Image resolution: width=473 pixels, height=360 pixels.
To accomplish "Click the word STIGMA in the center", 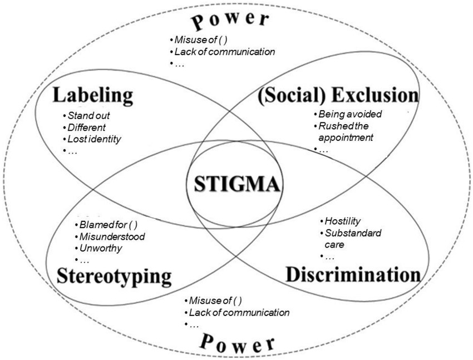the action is pyautogui.click(x=237, y=184).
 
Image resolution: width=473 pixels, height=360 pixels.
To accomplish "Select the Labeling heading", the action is pyautogui.click(x=93, y=96).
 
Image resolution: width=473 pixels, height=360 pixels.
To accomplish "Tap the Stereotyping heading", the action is pyautogui.click(x=114, y=277).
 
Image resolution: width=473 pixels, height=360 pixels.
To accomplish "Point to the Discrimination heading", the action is pyautogui.click(x=353, y=275).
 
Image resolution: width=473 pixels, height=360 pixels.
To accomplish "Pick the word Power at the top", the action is pyautogui.click(x=230, y=21).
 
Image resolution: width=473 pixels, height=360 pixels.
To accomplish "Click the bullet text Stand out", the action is pyautogui.click(x=88, y=116).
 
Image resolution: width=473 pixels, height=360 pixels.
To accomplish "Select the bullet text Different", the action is pyautogui.click(x=87, y=127).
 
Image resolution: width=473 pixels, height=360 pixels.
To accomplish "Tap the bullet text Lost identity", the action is pyautogui.click(x=94, y=139).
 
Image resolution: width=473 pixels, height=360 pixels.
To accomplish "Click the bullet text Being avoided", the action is pyautogui.click(x=350, y=114).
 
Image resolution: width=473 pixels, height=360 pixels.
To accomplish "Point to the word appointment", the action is pyautogui.click(x=346, y=138).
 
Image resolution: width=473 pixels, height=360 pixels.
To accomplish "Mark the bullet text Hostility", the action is pyautogui.click(x=342, y=221).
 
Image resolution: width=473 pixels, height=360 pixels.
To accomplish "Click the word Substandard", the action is pyautogui.click(x=353, y=233).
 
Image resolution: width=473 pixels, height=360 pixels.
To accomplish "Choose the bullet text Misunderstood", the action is pyautogui.click(x=112, y=236).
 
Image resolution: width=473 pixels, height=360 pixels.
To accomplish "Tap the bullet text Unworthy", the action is pyautogui.click(x=101, y=249).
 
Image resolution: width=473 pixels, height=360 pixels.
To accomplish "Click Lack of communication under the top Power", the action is pyautogui.click(x=225, y=52).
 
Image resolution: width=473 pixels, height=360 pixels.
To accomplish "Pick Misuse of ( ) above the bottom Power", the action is pyautogui.click(x=215, y=300).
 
